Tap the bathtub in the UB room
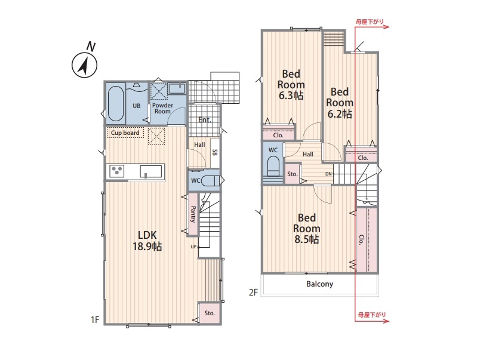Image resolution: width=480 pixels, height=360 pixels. click(116, 103)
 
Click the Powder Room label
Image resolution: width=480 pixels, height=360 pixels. click(162, 109)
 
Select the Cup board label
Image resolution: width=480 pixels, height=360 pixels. click(125, 133)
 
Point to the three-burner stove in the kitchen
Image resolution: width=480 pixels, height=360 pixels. click(117, 171)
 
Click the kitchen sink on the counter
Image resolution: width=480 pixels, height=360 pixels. click(150, 171)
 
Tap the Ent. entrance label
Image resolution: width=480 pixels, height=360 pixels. click(205, 120)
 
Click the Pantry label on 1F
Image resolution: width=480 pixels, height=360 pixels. click(193, 214)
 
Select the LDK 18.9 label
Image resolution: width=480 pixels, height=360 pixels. click(147, 241)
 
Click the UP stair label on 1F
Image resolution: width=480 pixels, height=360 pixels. click(193, 247)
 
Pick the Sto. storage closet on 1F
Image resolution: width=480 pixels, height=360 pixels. click(210, 313)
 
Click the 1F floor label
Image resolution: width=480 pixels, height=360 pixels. click(95, 319)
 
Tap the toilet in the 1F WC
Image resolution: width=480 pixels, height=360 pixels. click(210, 181)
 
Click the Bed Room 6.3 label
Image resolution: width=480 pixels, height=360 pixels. click(291, 85)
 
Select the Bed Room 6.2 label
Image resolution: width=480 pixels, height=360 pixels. click(340, 103)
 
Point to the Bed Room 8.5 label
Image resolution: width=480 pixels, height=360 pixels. click(306, 229)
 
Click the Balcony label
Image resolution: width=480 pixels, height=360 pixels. click(319, 284)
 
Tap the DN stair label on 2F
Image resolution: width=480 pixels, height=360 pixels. click(328, 174)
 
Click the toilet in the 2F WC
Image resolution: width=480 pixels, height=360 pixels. click(273, 167)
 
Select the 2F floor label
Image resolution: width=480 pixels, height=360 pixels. click(253, 293)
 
